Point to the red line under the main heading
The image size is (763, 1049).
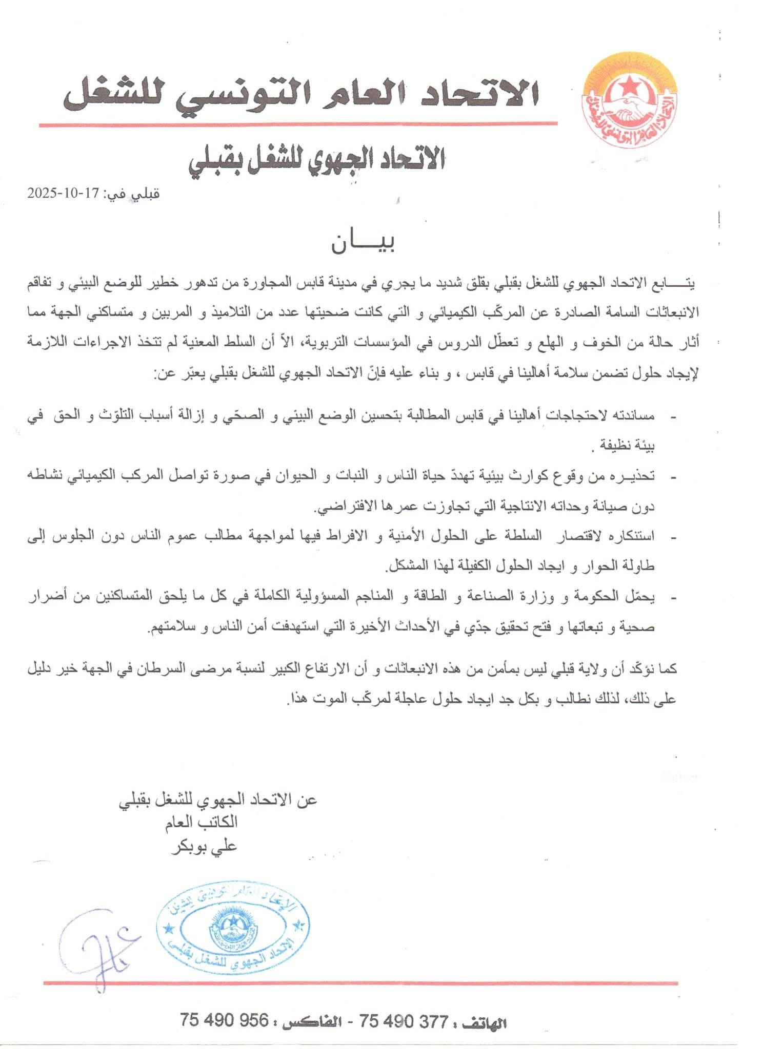point(298,124)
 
